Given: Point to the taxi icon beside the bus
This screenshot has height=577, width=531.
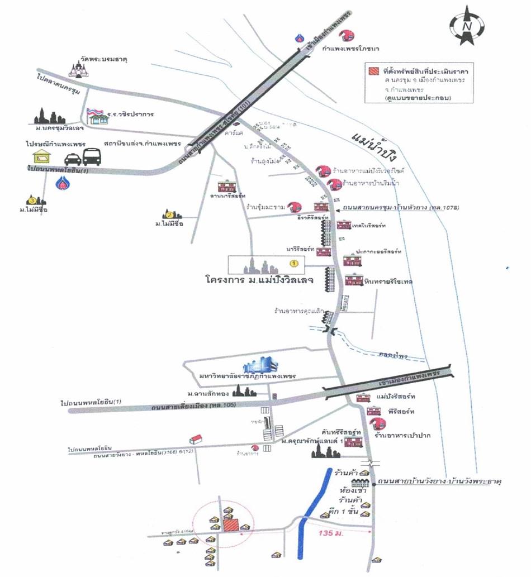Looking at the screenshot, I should (72, 159).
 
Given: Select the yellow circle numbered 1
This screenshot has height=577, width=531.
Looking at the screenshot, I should (293, 261).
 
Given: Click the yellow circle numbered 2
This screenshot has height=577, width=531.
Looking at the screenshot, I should (169, 214).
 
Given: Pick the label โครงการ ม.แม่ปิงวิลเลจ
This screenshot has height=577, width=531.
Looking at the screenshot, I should (259, 278).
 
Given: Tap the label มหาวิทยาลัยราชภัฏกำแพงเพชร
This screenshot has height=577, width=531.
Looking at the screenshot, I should (243, 375).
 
